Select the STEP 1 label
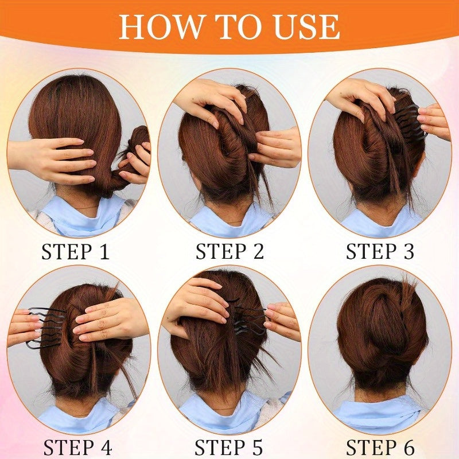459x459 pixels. click(x=76, y=251)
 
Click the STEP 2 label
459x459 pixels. click(x=230, y=251)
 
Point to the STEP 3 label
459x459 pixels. click(x=380, y=251)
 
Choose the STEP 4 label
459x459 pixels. click(x=77, y=447)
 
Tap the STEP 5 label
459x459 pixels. click(x=228, y=447)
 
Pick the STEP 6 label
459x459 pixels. click(x=380, y=447)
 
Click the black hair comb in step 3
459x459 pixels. click(x=410, y=123)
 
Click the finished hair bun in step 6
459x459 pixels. click(x=380, y=328)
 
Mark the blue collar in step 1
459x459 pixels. click(x=85, y=215)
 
